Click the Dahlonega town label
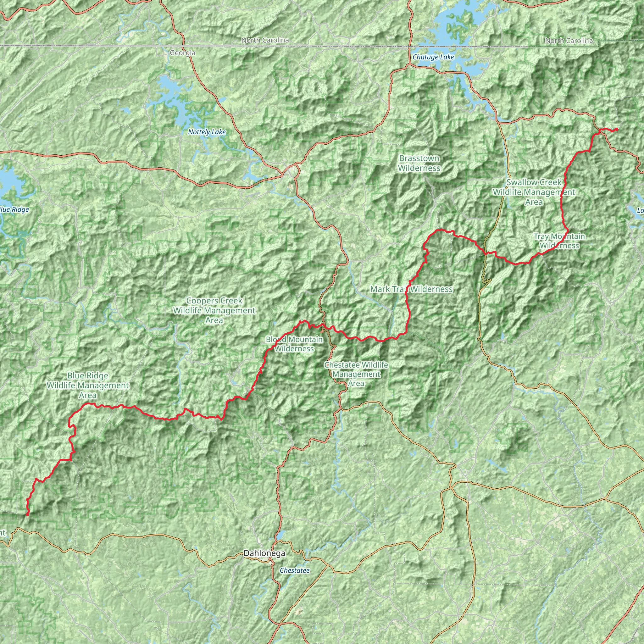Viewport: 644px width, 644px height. [264, 553]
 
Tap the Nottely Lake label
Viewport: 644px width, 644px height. [207, 132]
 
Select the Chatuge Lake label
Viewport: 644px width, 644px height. [433, 57]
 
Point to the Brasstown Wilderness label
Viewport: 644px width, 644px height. [419, 163]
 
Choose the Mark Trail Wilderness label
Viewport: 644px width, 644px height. [411, 289]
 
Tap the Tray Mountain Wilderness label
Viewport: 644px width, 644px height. [559, 241]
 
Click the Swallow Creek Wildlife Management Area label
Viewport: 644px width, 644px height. [534, 192]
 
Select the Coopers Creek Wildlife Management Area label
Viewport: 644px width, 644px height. [214, 310]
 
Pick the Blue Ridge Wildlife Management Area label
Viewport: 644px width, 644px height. [88, 385]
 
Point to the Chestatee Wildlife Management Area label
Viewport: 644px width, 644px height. [356, 374]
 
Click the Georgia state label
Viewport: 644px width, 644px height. [182, 53]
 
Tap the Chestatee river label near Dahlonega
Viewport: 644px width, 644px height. [295, 570]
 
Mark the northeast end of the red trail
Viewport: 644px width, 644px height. [617, 129]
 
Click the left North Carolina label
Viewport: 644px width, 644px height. [265, 40]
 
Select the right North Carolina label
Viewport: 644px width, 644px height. [569, 41]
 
